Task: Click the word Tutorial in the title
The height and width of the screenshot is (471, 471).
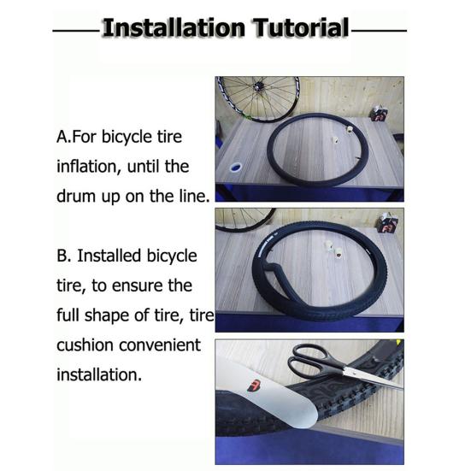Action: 301,28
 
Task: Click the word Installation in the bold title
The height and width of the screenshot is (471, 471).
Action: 174,28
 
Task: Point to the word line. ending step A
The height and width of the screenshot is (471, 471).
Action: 194,196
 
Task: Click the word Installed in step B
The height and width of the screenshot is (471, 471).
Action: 109,256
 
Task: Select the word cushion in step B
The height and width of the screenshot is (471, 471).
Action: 85,344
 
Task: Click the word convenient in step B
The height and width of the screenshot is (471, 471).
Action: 160,344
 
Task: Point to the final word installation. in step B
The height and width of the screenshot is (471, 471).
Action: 99,374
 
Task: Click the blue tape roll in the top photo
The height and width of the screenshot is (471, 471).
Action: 236,168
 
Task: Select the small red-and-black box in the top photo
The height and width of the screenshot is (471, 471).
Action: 379,113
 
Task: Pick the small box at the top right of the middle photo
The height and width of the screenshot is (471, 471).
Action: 387,223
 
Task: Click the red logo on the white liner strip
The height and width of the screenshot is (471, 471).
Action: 254,386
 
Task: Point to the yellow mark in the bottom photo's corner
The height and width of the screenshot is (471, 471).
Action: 398,343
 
